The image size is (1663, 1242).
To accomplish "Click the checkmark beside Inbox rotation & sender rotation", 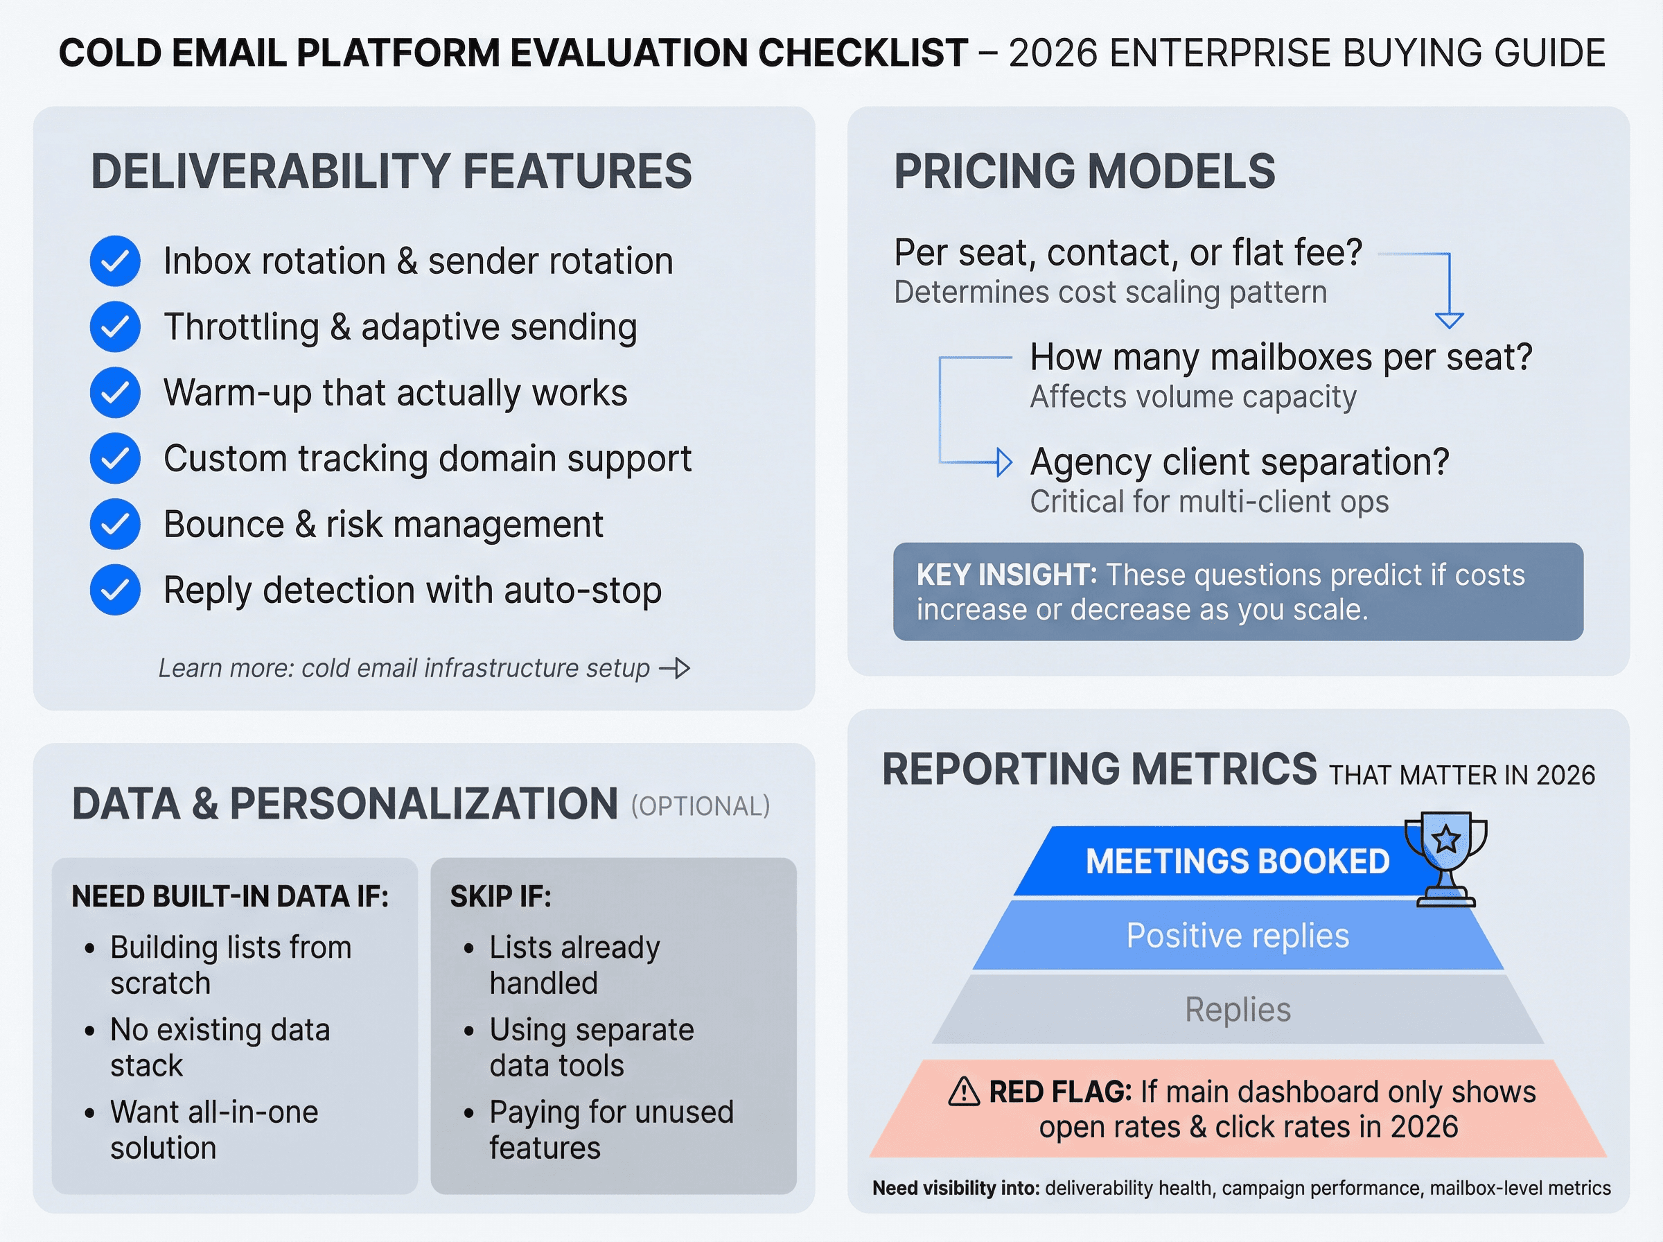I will (x=115, y=261).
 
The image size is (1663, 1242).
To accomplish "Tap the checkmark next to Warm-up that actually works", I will (x=115, y=392).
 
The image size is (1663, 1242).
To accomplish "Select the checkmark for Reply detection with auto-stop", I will (x=115, y=591).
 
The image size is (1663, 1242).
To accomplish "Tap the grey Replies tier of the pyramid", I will (x=1238, y=1010).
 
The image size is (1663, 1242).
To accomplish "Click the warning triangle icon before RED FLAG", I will (x=964, y=1092).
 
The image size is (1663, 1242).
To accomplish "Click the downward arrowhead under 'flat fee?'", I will (x=1449, y=320).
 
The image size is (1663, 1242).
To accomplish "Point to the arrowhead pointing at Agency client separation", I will (x=1004, y=462).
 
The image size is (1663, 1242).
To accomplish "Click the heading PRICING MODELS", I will (x=1084, y=171).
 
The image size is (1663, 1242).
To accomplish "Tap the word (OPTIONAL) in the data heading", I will (x=701, y=807).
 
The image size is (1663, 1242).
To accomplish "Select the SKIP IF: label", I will (x=500, y=897).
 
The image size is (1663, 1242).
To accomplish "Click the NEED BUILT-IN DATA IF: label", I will (x=230, y=897).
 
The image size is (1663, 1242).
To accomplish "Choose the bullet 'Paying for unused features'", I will (x=610, y=1130).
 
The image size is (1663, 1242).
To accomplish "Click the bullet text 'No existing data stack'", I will (x=220, y=1047).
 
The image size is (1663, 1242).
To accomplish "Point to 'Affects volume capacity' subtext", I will (x=1193, y=397).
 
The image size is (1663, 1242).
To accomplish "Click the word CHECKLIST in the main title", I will (x=863, y=53).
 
